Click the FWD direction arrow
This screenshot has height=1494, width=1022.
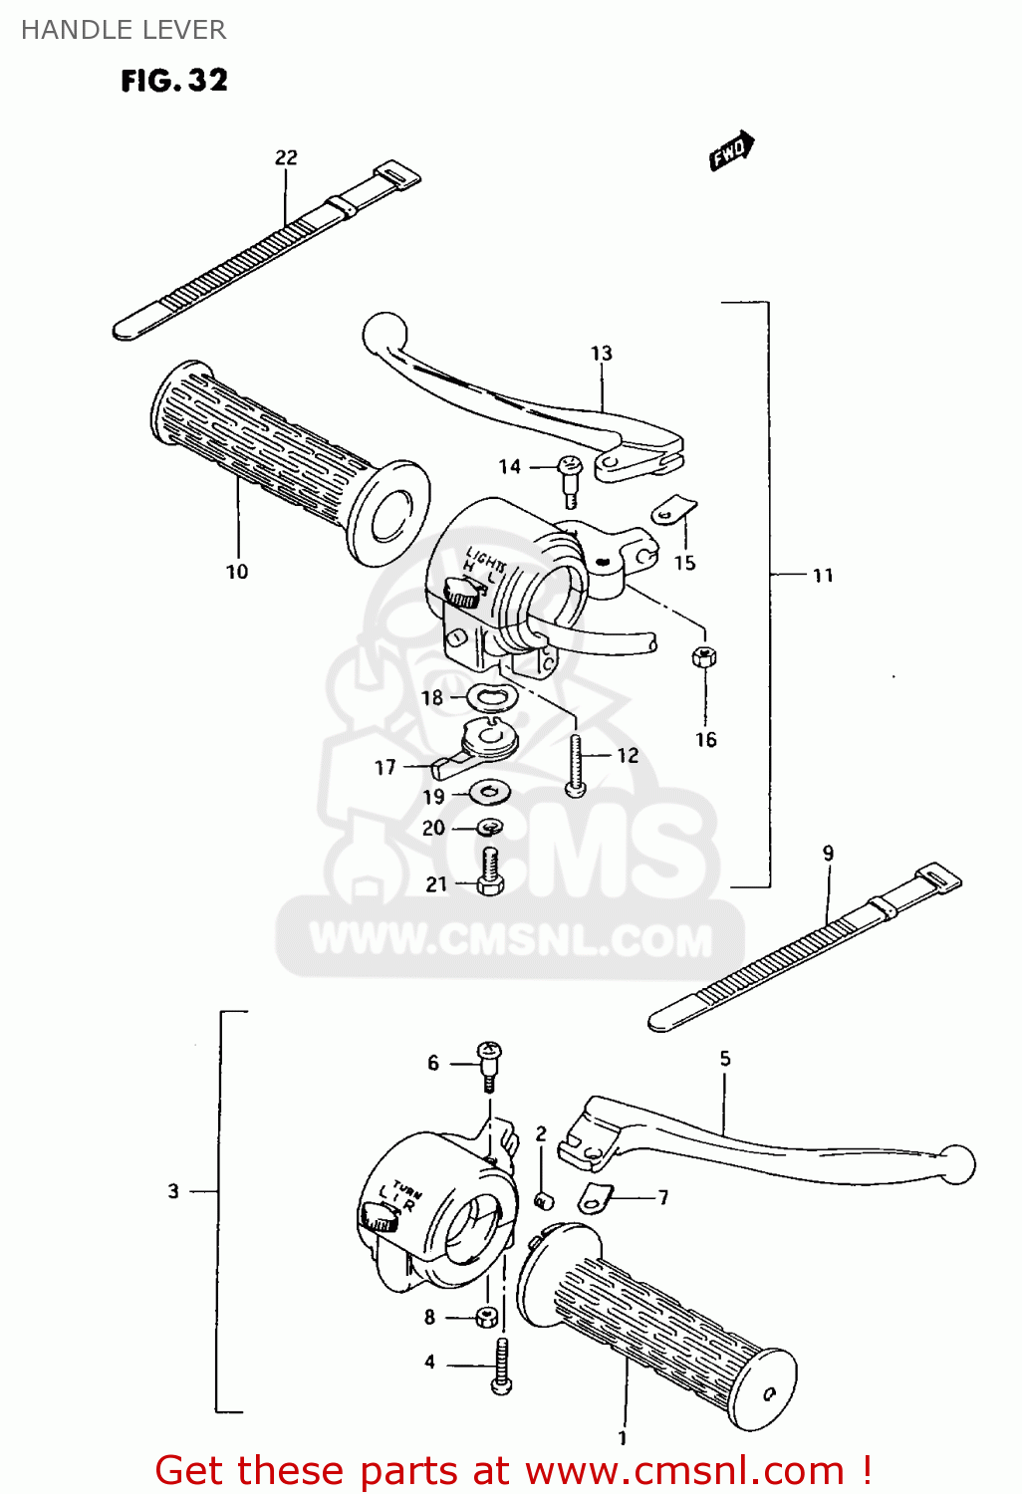tap(731, 151)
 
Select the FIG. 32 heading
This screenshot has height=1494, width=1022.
tap(174, 81)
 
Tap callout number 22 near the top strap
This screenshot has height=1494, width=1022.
tap(286, 157)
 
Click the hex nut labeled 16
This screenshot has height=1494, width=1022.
tap(704, 656)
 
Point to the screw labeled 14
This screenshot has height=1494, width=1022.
tap(570, 478)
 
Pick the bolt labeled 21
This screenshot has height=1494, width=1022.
tap(490, 872)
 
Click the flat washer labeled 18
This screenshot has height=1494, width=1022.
tap(490, 698)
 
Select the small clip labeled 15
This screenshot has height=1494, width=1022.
tap(673, 511)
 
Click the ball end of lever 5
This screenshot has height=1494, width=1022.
tap(957, 1163)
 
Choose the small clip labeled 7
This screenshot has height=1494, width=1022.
tap(596, 1199)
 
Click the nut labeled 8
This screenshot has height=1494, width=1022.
tap(486, 1317)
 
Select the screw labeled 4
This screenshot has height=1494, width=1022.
tap(501, 1366)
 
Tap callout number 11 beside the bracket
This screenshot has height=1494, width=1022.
tap(823, 575)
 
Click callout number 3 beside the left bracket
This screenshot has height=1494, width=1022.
tap(173, 1191)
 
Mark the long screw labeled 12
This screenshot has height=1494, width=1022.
tap(576, 763)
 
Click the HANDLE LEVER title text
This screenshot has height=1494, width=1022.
tap(124, 30)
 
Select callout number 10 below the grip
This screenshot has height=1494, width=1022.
tap(237, 572)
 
